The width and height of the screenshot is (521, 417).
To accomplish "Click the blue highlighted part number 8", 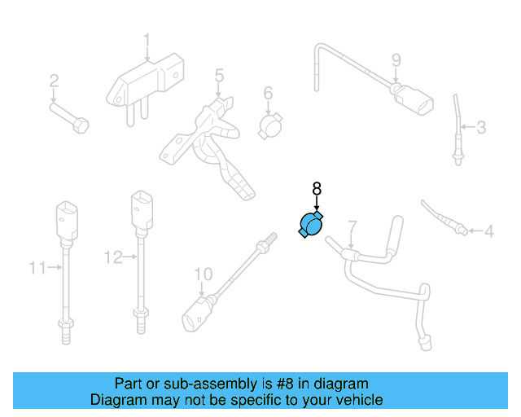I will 311,225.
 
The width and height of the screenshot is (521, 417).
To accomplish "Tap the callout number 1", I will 147,40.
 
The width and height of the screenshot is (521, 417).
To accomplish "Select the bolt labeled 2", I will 69,116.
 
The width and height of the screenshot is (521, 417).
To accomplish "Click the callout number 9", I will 396,59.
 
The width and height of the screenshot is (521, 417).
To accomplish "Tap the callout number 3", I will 481,127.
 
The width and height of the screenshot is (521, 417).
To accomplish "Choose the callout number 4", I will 488,232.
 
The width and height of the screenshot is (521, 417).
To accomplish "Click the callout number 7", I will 352,226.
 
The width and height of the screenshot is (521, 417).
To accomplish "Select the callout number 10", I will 203,273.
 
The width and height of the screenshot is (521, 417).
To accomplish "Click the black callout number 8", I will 317,189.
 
